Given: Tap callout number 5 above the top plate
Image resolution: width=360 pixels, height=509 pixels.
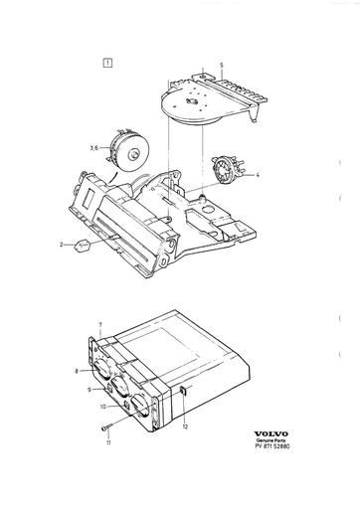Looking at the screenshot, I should (222, 66).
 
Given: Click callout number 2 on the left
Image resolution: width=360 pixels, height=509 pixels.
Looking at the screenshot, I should (61, 243).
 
